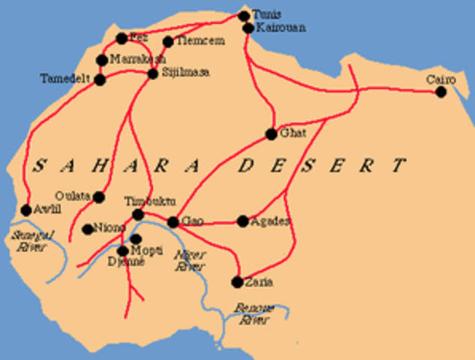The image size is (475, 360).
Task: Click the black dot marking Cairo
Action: (440, 92)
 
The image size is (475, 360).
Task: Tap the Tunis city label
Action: (265, 14)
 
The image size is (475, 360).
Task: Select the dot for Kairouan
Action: (248, 28)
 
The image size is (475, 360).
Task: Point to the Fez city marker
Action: (122, 38)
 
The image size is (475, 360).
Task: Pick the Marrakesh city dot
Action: (103, 60)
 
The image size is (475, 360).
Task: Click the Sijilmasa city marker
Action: (153, 73)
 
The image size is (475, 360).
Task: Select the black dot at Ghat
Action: (271, 135)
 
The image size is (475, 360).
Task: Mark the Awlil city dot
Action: (26, 210)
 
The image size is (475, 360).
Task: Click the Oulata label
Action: (73, 196)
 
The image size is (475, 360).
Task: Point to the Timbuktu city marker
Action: (138, 215)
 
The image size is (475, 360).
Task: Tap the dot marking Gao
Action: (173, 222)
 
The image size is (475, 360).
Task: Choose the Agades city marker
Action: (242, 221)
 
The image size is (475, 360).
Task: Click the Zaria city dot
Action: (237, 282)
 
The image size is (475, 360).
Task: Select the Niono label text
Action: (110, 228)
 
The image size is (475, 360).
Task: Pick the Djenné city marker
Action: (123, 251)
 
